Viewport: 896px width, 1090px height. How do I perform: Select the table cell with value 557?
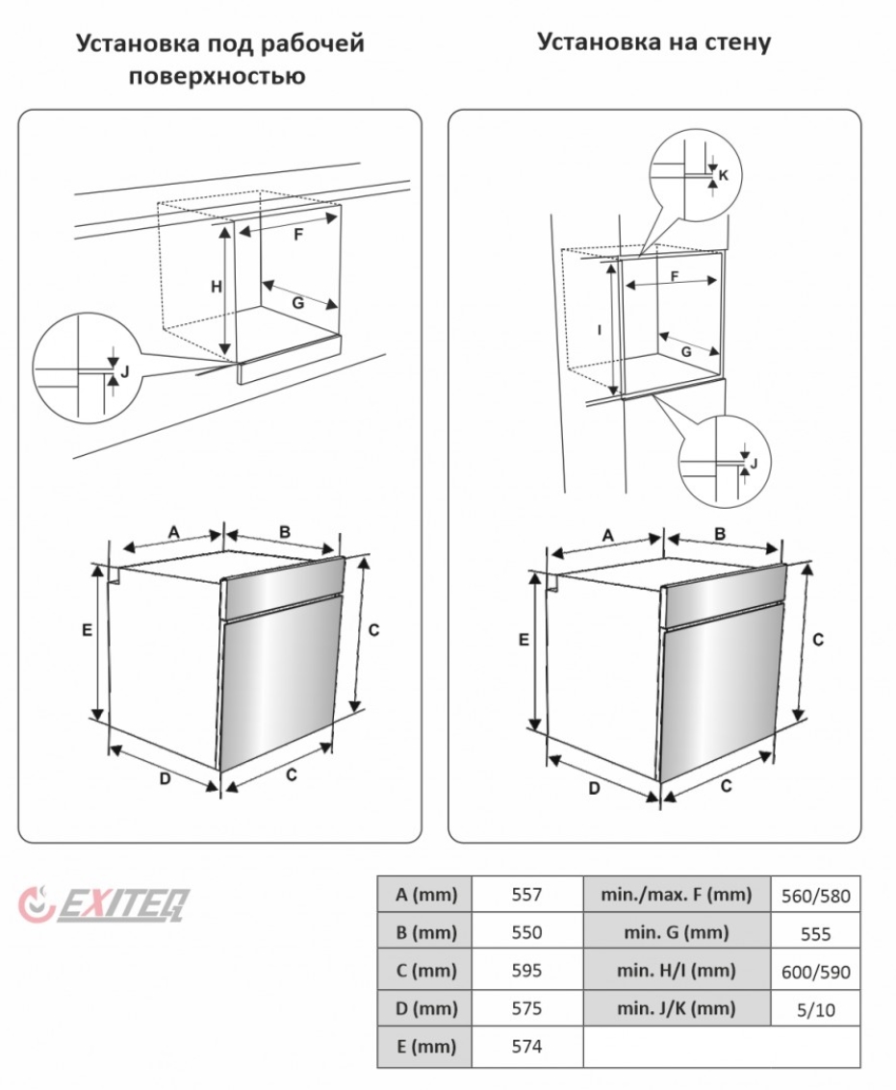526,894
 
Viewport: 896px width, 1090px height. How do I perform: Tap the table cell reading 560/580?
815,896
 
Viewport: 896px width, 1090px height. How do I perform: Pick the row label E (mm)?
425,1046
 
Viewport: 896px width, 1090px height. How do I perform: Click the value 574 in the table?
526,1046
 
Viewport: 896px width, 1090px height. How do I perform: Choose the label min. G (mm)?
677,932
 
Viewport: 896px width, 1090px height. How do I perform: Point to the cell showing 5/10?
815,1009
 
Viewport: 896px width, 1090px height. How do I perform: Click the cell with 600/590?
815,971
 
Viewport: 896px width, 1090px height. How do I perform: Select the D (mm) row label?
425,1008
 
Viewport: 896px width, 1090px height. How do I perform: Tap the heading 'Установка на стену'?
653,41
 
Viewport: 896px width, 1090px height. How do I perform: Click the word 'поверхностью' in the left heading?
218,76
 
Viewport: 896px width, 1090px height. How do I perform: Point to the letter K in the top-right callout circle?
724,176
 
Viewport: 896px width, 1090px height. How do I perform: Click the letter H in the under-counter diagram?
217,287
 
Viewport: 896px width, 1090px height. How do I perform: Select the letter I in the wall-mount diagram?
599,331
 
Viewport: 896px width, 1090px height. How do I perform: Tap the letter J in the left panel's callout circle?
125,372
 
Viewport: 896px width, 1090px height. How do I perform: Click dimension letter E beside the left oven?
87,630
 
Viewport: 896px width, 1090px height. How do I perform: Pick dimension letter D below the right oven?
594,788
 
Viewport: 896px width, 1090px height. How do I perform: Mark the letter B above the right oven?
720,534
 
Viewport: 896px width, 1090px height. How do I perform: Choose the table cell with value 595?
526,971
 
